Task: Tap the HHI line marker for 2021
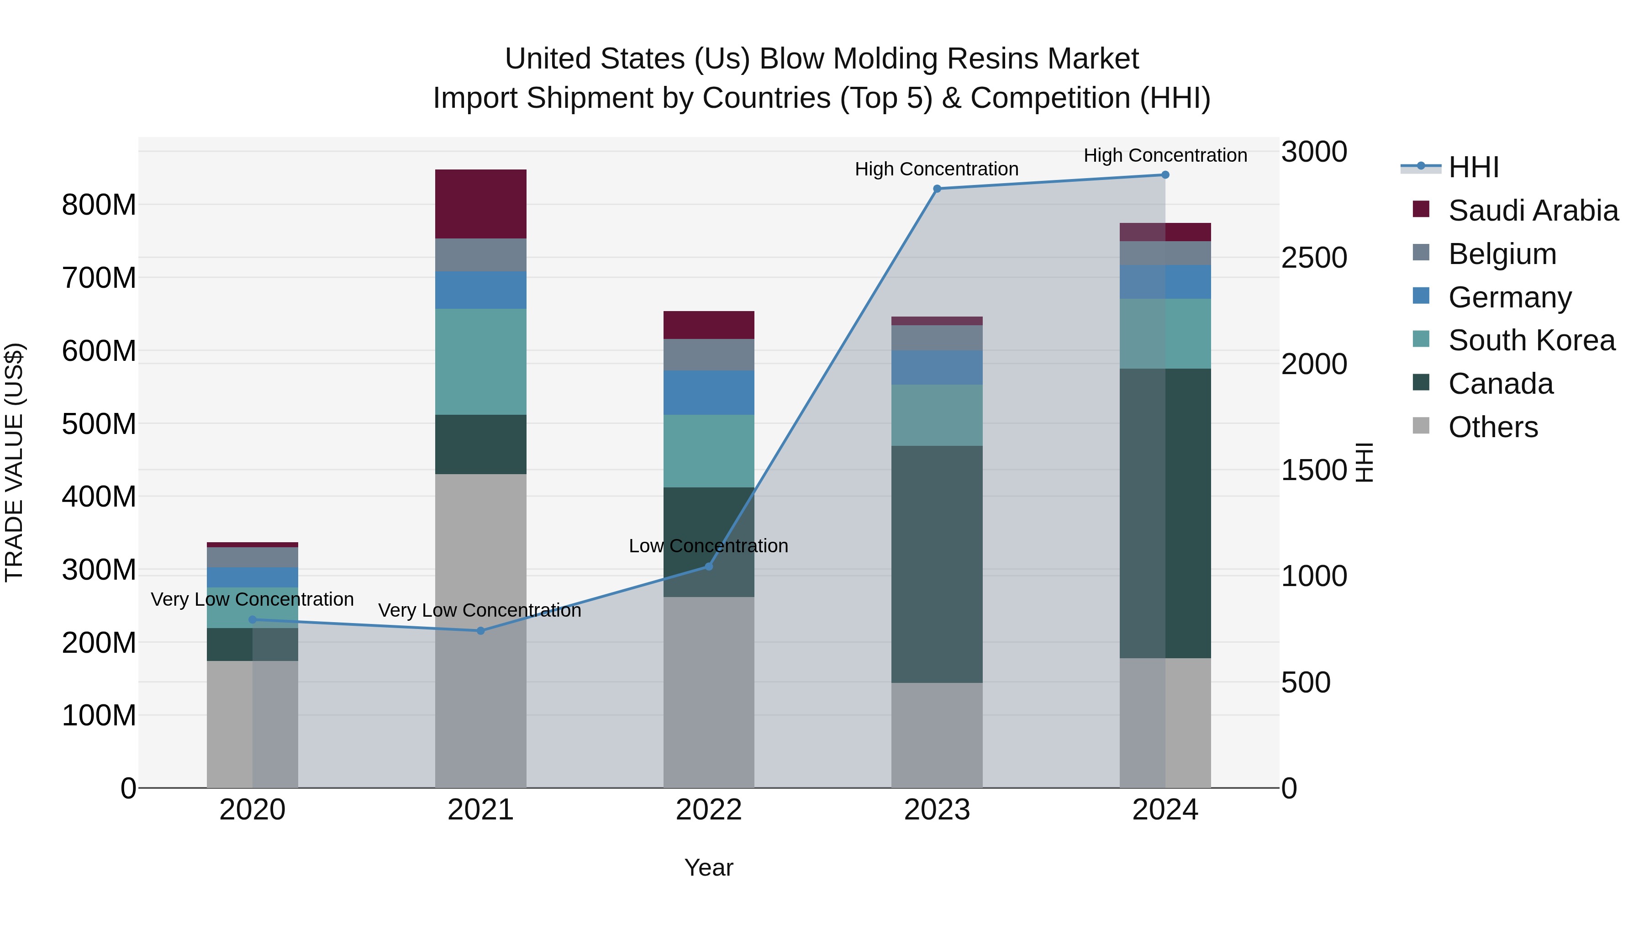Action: pyautogui.click(x=480, y=631)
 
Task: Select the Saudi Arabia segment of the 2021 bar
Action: pyautogui.click(x=480, y=204)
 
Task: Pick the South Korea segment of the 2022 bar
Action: pyautogui.click(x=708, y=451)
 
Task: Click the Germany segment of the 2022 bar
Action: pyautogui.click(x=708, y=392)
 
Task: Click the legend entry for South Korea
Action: pyautogui.click(x=1530, y=340)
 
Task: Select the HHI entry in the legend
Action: pyautogui.click(x=1473, y=167)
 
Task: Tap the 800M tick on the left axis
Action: pyautogui.click(x=99, y=205)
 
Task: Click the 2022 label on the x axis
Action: pyautogui.click(x=708, y=810)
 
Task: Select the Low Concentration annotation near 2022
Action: pyautogui.click(x=708, y=546)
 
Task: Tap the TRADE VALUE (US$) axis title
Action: pyautogui.click(x=15, y=462)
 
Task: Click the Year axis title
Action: pyautogui.click(x=708, y=867)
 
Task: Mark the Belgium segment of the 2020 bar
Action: pyautogui.click(x=252, y=557)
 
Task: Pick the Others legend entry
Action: pyautogui.click(x=1492, y=427)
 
